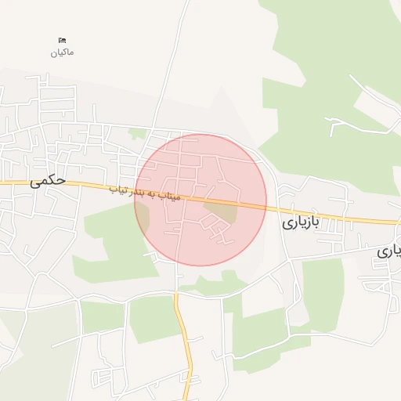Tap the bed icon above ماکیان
pyautogui.click(x=63, y=40)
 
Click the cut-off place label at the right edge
pyautogui.click(x=388, y=251)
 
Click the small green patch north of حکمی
pyautogui.click(x=138, y=134)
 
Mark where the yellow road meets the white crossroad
pyautogui.click(x=177, y=294)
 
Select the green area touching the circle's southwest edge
pyautogui.click(x=117, y=243)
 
